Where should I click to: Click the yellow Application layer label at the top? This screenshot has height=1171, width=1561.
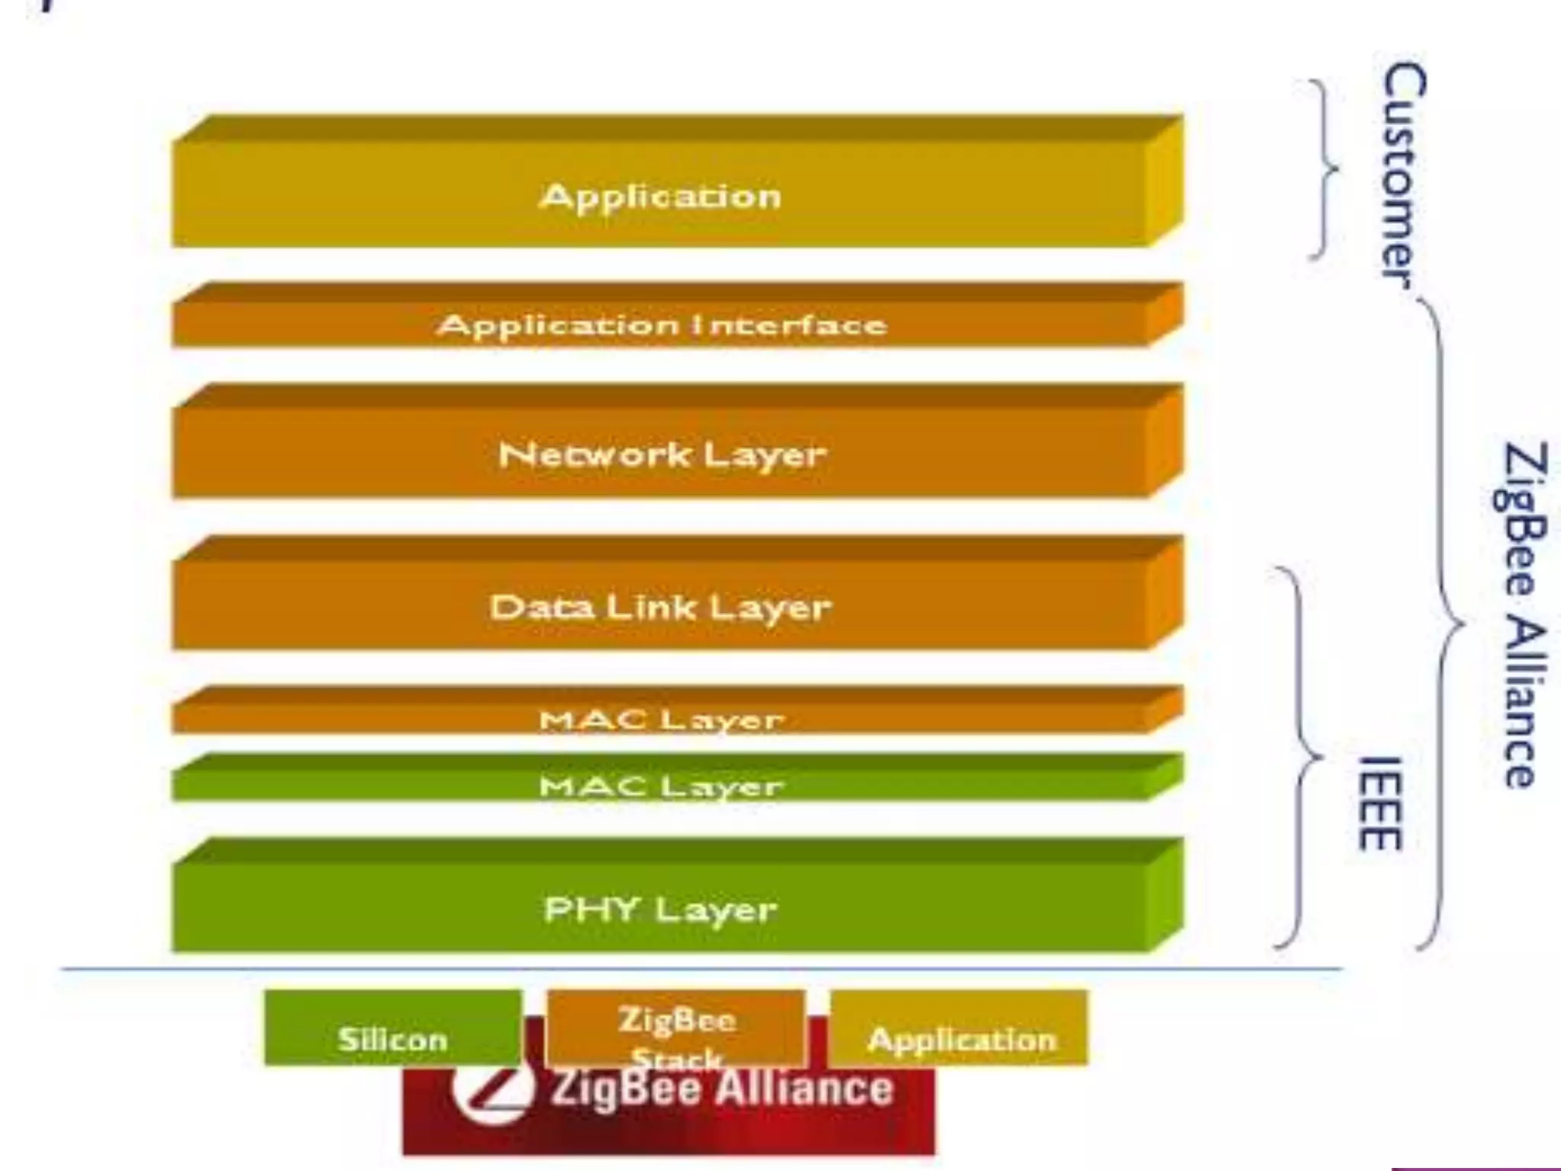pyautogui.click(x=660, y=197)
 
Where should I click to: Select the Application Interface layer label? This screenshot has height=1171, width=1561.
pyautogui.click(x=662, y=326)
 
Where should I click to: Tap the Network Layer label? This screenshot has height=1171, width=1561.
pyautogui.click(x=662, y=455)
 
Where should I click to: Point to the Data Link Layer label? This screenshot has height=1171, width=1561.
pyautogui.click(x=660, y=608)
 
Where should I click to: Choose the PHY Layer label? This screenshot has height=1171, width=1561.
pyautogui.click(x=660, y=910)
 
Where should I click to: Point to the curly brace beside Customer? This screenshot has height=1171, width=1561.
pyautogui.click(x=1325, y=169)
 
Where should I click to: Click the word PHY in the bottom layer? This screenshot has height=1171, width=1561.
pyautogui.click(x=591, y=910)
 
